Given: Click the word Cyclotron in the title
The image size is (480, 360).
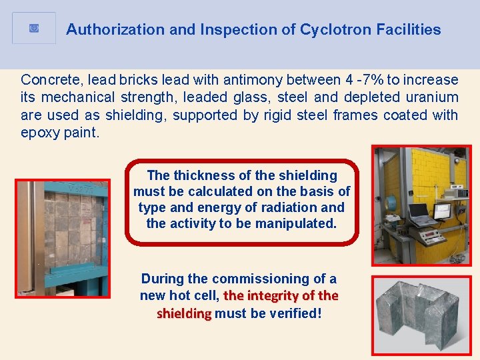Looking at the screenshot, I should pyautogui.click(x=331, y=29).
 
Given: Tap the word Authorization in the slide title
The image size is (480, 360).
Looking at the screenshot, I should pyautogui.click(x=105, y=29).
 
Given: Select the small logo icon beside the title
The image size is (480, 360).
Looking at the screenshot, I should pyautogui.click(x=34, y=28).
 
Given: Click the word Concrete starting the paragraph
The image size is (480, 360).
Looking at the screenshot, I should pyautogui.click(x=49, y=80).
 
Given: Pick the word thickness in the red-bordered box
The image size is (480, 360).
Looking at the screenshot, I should pyautogui.click(x=201, y=175).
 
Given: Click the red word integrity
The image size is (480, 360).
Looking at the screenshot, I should pyautogui.click(x=273, y=295).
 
